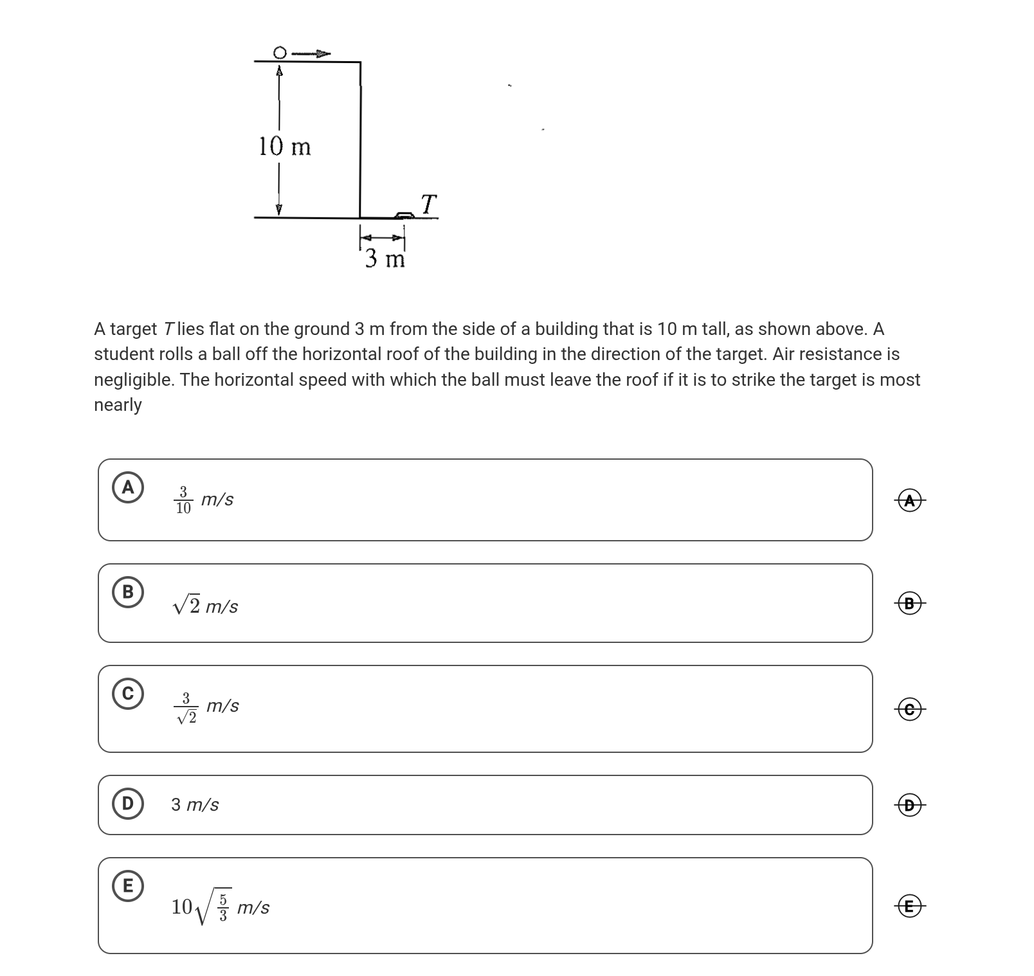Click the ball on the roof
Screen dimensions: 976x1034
coord(280,51)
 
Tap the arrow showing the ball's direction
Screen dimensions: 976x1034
coord(311,53)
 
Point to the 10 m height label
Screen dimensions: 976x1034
coord(284,147)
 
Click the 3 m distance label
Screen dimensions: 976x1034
coord(385,259)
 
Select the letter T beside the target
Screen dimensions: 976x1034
coord(429,204)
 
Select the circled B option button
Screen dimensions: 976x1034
coord(128,592)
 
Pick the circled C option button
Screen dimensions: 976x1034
coord(128,694)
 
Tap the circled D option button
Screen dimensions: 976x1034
coord(128,803)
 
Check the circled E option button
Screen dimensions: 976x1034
coord(128,886)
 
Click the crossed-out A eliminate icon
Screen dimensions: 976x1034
coord(909,500)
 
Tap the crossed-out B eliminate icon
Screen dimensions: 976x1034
coord(909,604)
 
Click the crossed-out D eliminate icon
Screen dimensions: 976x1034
coord(909,805)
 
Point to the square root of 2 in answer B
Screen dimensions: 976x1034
coord(186,605)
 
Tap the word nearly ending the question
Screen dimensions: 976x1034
coord(118,405)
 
